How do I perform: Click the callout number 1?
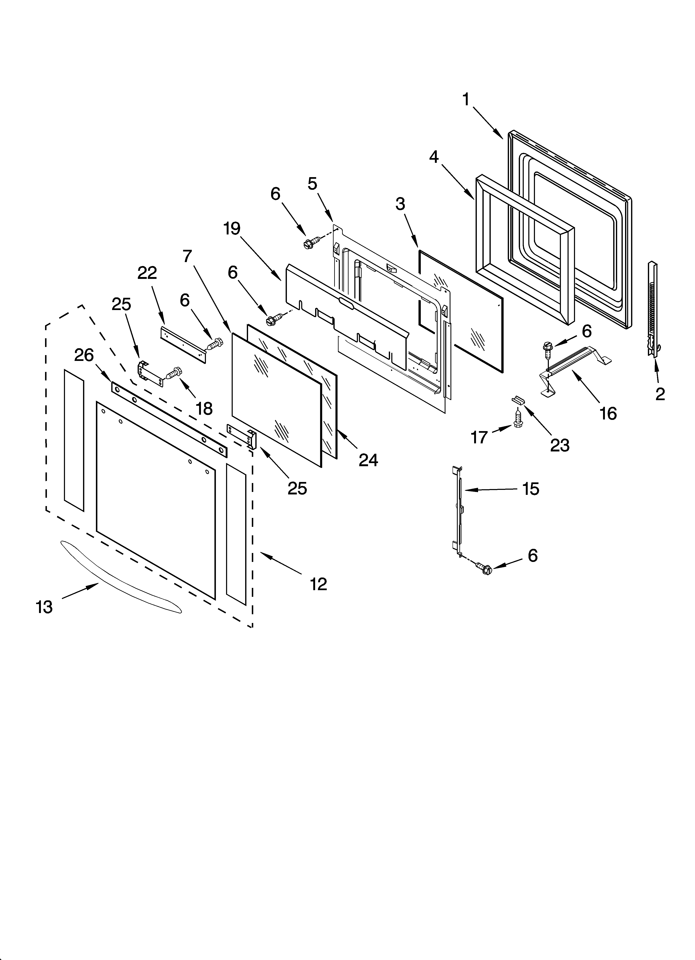(x=466, y=100)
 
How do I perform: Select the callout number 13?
(x=44, y=607)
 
